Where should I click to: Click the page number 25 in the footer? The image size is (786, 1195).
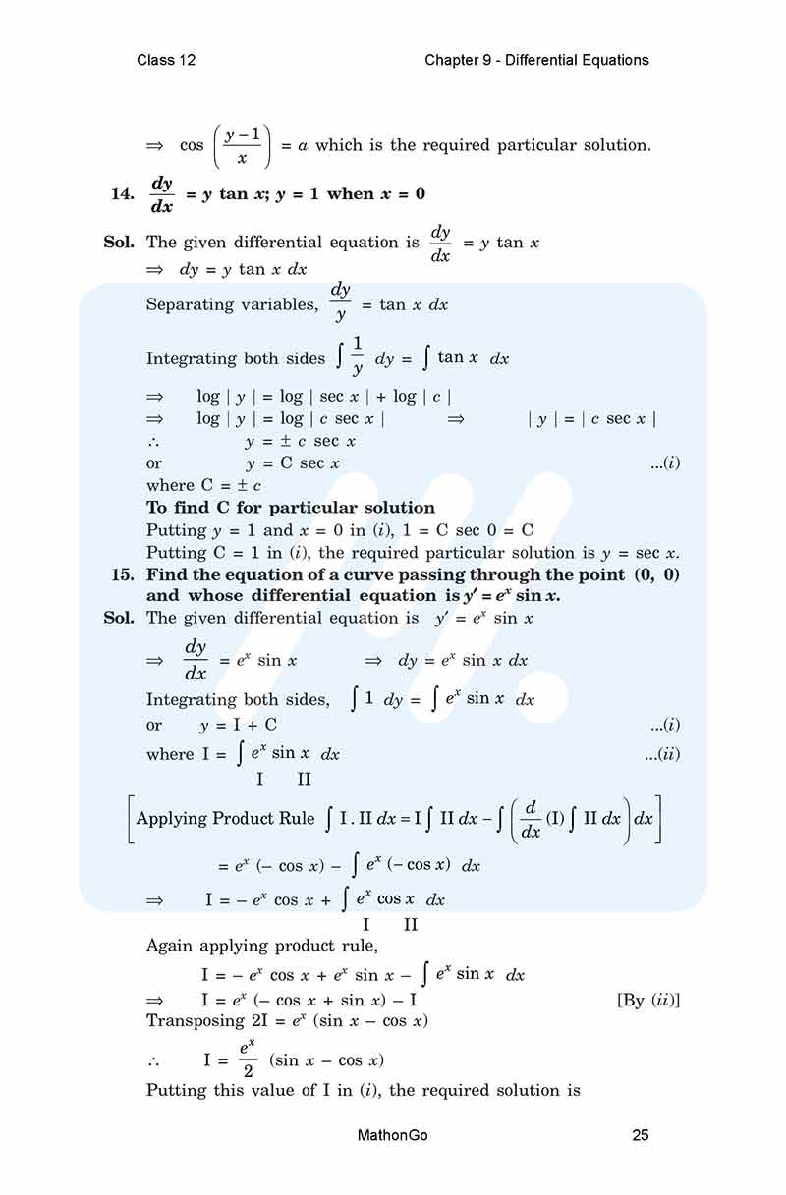tap(641, 1136)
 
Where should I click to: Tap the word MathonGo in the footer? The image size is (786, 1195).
tap(393, 1136)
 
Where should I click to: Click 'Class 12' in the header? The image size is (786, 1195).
tap(166, 60)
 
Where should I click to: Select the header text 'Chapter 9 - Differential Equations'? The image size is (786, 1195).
tap(536, 60)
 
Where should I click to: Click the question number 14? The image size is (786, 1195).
tap(123, 193)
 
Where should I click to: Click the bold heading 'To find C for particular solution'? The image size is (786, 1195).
tap(291, 508)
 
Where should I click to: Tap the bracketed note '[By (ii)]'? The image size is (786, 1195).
tap(648, 1000)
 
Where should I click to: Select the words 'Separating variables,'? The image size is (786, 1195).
tap(232, 304)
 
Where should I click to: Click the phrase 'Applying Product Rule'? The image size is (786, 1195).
tap(226, 818)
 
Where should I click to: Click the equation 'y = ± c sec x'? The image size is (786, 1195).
tap(301, 442)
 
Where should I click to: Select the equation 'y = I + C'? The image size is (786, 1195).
tap(239, 726)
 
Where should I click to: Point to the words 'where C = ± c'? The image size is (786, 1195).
tap(204, 485)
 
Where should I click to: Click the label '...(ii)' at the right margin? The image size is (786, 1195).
tap(661, 754)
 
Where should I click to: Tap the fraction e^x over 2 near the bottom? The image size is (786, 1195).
tap(249, 1059)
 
